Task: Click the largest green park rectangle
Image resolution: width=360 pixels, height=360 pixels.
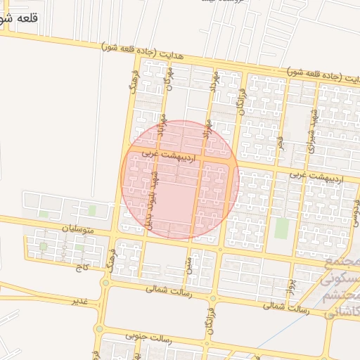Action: tap(281, 228)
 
